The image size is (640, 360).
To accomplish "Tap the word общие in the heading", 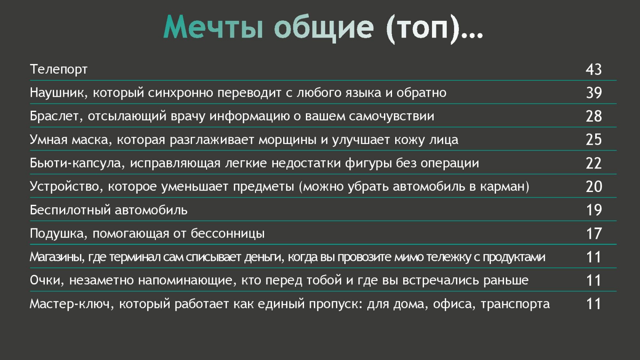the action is coord(324,28).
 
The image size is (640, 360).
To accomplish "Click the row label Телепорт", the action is coord(58,70).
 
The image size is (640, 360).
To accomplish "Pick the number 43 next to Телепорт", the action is coord(594,70).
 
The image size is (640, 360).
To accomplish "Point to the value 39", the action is coord(594,93).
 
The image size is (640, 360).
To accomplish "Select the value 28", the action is coord(594,116).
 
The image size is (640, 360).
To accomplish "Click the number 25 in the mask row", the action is coord(594,140).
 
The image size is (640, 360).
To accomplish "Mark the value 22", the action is coord(594,163).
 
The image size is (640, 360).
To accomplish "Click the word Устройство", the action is coord(66,186).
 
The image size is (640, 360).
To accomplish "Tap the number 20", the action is coord(594,186).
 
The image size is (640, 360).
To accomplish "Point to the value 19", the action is coord(594,210).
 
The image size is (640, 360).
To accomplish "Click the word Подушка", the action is coord(58,234).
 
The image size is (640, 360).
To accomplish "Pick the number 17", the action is coord(594,234).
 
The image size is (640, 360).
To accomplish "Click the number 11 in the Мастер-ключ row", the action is coord(594,304).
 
